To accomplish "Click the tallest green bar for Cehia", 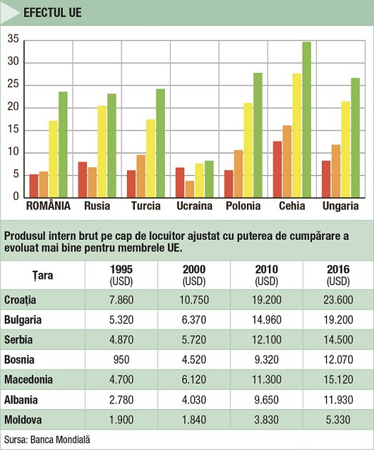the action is pyautogui.click(x=307, y=120).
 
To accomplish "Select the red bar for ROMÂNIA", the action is pyautogui.click(x=34, y=186).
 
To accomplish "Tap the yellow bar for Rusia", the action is pyautogui.click(x=102, y=151).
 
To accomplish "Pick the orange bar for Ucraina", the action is pyautogui.click(x=190, y=189).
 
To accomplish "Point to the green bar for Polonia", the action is pyautogui.click(x=258, y=135).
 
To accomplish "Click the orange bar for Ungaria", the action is pyautogui.click(x=336, y=171).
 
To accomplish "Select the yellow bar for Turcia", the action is pyautogui.click(x=151, y=159).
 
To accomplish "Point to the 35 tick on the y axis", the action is pyautogui.click(x=13, y=39).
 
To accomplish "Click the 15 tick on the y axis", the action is pyautogui.click(x=13, y=129).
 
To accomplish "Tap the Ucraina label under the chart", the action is pyautogui.click(x=194, y=206).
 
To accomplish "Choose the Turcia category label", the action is pyautogui.click(x=146, y=206).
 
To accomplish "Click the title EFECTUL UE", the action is pyautogui.click(x=53, y=13).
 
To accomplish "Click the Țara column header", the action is pyautogui.click(x=43, y=276).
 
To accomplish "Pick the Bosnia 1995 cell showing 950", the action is pyautogui.click(x=121, y=359).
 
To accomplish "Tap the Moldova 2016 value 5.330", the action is pyautogui.click(x=338, y=420).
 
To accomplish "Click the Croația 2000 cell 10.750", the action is pyautogui.click(x=194, y=300).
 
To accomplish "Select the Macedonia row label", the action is pyautogui.click(x=29, y=380).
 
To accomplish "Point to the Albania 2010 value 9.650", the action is pyautogui.click(x=266, y=400).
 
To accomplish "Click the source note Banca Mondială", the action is pyautogui.click(x=60, y=440).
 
